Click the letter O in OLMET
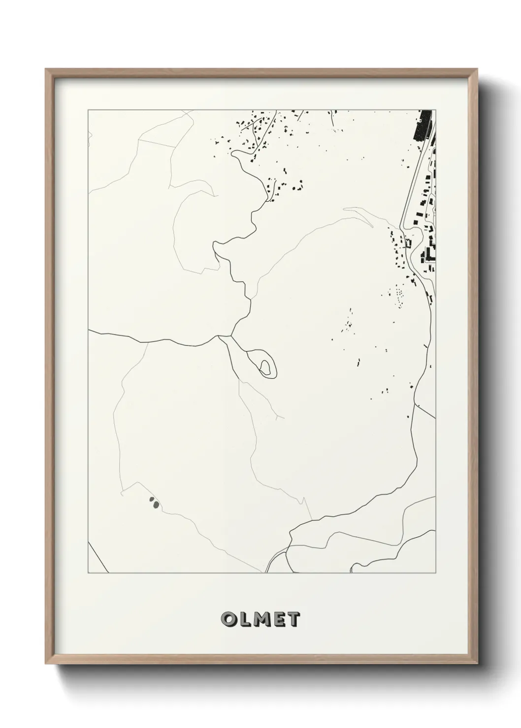230,620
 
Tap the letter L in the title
246,620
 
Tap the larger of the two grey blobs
156,504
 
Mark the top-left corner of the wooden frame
46,69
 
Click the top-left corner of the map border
88,110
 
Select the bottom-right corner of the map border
435,573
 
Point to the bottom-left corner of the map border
88,573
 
